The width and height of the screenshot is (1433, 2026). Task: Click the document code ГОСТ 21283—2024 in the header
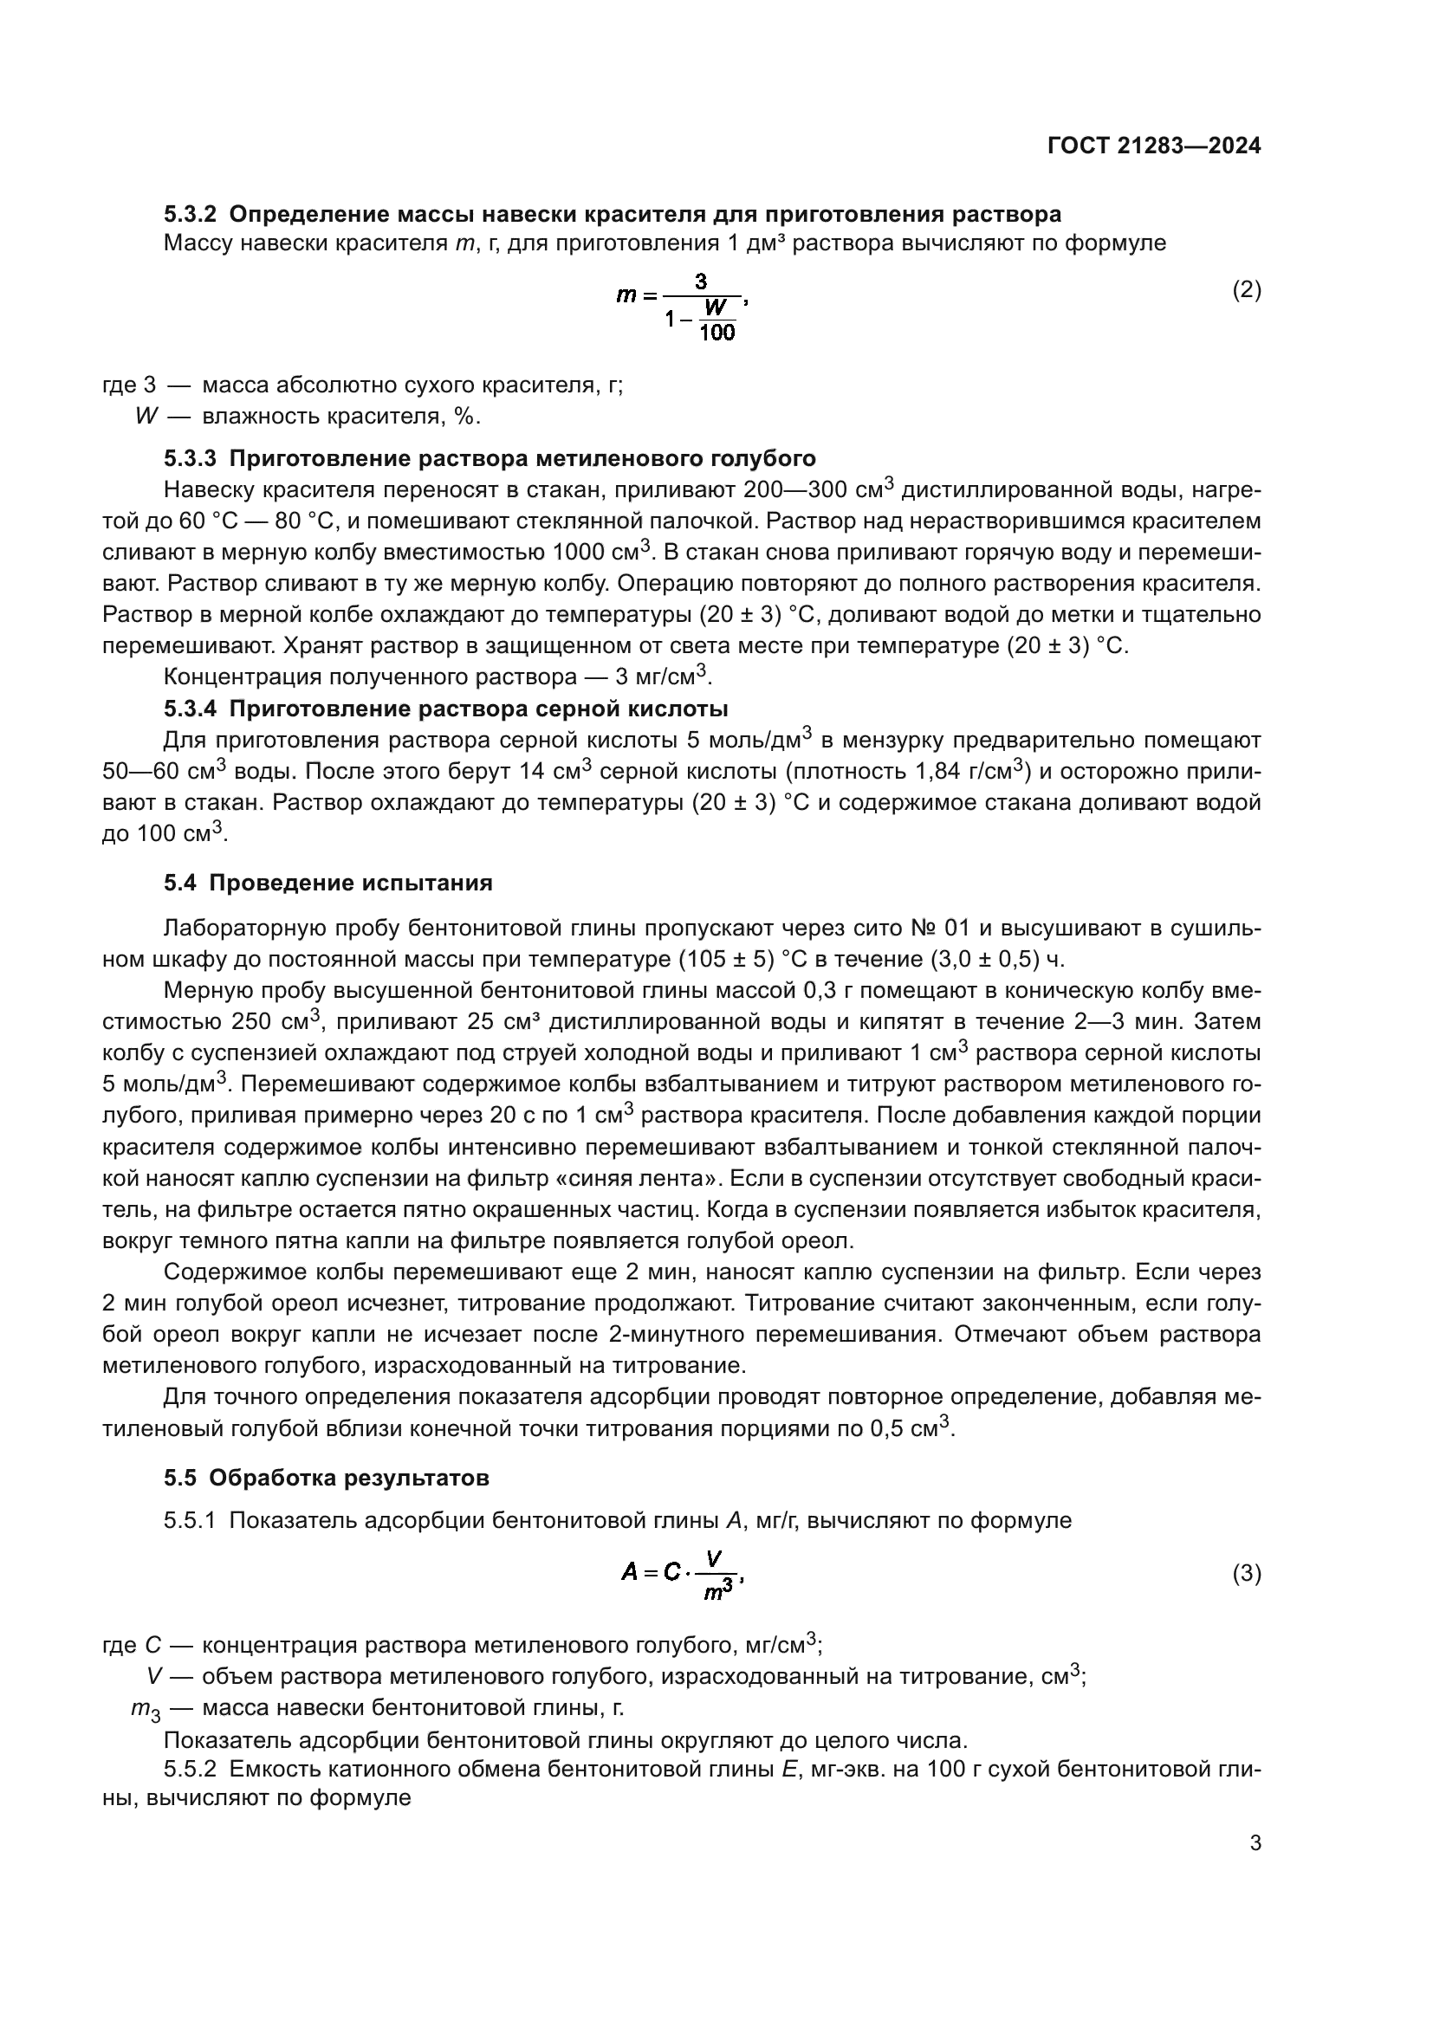click(x=1154, y=146)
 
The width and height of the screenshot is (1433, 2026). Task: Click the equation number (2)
click(x=1246, y=289)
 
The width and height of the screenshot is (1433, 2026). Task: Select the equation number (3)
click(x=1246, y=1573)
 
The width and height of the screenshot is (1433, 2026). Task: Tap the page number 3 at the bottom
click(x=1255, y=1842)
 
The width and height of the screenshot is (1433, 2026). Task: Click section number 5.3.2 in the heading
click(x=190, y=215)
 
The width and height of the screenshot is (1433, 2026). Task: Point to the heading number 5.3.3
click(x=190, y=459)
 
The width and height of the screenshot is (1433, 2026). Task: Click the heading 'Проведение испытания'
click(x=350, y=884)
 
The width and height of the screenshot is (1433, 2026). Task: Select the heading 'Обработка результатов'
click(x=348, y=1478)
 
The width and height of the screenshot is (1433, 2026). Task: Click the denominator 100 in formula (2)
click(x=716, y=333)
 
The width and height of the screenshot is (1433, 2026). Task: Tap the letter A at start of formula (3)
click(x=629, y=1571)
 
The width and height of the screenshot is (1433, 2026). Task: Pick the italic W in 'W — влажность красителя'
click(x=146, y=417)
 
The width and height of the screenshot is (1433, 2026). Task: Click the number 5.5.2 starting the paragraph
click(x=190, y=1771)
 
